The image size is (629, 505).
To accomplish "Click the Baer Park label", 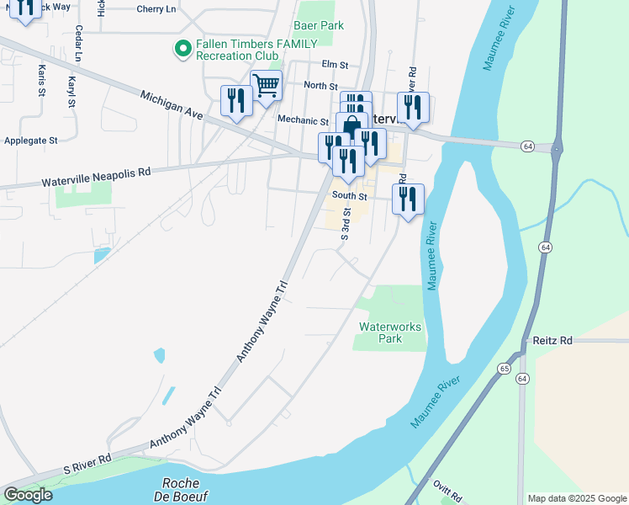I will click(319, 26).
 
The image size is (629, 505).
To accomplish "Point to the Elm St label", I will click(334, 64).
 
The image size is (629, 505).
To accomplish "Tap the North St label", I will click(320, 86).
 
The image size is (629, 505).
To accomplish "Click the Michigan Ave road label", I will click(172, 107).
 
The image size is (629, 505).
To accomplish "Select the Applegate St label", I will click(30, 141).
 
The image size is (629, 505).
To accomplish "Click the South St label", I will click(350, 196).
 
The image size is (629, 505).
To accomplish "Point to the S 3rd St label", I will click(345, 225).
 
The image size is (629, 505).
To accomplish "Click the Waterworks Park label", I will click(390, 332).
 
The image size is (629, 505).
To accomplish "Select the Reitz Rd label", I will click(552, 340).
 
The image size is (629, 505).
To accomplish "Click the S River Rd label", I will click(87, 462).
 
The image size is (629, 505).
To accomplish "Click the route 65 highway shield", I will click(504, 369).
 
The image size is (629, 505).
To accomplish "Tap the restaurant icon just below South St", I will click(408, 199).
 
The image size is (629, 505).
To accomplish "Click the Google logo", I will click(28, 495).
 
